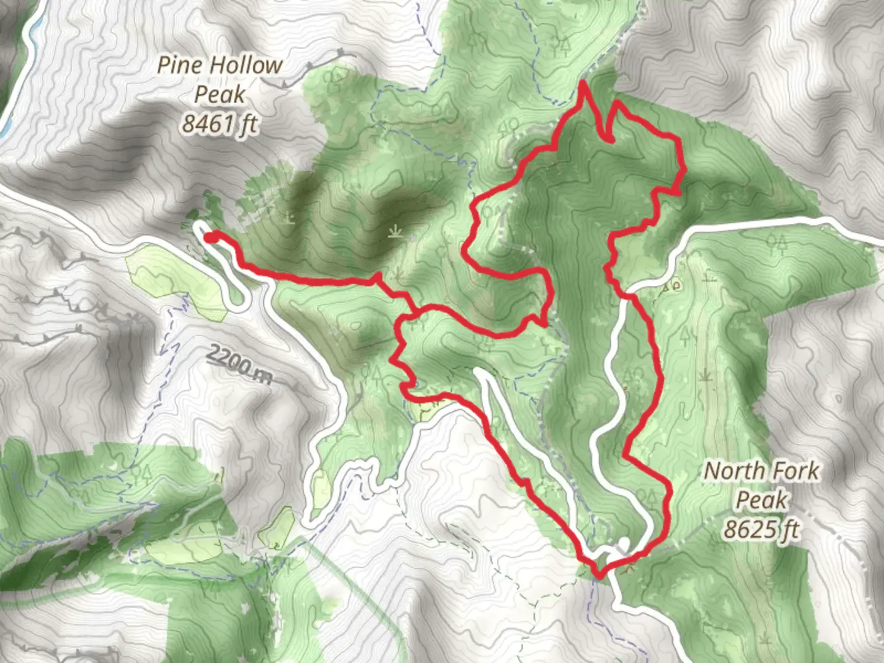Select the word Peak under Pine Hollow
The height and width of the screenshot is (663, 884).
220,95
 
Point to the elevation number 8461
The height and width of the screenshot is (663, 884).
206,125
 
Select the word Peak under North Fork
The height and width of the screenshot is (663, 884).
761,500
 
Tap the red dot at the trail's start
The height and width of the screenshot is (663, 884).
209,238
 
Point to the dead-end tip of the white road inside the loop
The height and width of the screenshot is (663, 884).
479,372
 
